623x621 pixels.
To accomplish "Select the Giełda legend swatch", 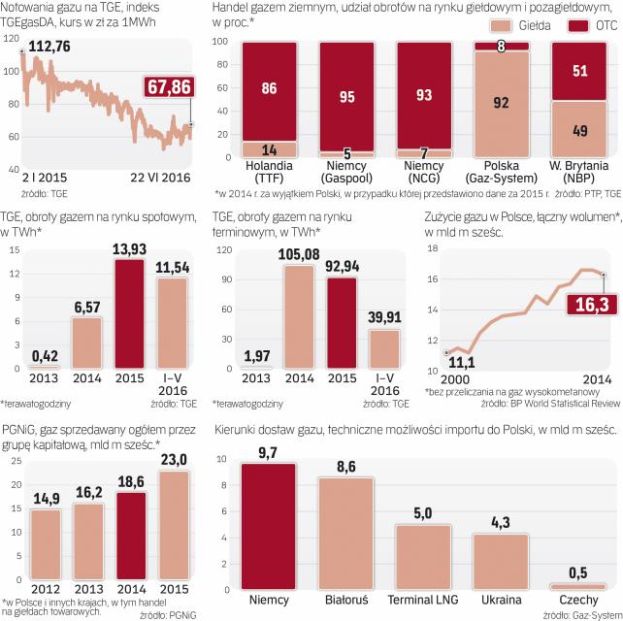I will click(x=505, y=23).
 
